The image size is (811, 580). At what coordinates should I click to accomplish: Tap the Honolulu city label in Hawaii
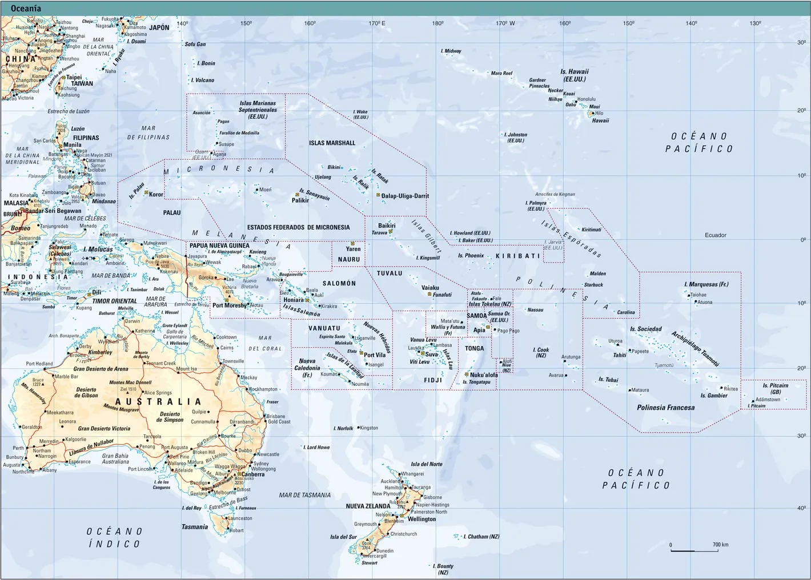click(587, 99)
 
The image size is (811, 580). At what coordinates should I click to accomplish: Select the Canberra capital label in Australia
click(253, 474)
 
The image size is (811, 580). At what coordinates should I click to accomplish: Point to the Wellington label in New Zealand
click(422, 519)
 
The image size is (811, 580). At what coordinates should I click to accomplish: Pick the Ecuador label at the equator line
click(715, 235)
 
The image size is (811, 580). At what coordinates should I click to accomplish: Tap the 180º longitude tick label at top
click(438, 23)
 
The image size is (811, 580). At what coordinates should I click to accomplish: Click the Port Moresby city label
click(230, 305)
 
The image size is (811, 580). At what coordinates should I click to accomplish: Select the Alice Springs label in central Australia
click(158, 393)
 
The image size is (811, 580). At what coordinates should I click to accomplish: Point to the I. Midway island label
click(451, 51)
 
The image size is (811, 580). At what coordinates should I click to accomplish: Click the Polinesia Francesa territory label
click(666, 408)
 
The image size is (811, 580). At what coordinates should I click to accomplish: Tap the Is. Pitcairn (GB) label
click(776, 389)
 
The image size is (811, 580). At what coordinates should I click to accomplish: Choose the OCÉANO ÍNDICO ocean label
click(114, 537)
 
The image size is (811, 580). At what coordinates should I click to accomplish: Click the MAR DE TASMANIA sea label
click(304, 495)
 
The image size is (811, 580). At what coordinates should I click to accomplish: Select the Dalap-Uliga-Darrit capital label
click(405, 196)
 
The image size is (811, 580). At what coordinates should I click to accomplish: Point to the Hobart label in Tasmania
click(236, 530)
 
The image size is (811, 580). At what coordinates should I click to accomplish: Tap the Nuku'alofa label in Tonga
click(484, 375)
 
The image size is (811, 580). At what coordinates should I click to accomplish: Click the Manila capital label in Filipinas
click(72, 145)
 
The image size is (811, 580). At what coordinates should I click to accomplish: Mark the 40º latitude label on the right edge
click(802, 507)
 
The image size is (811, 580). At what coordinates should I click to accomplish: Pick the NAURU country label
click(349, 259)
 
